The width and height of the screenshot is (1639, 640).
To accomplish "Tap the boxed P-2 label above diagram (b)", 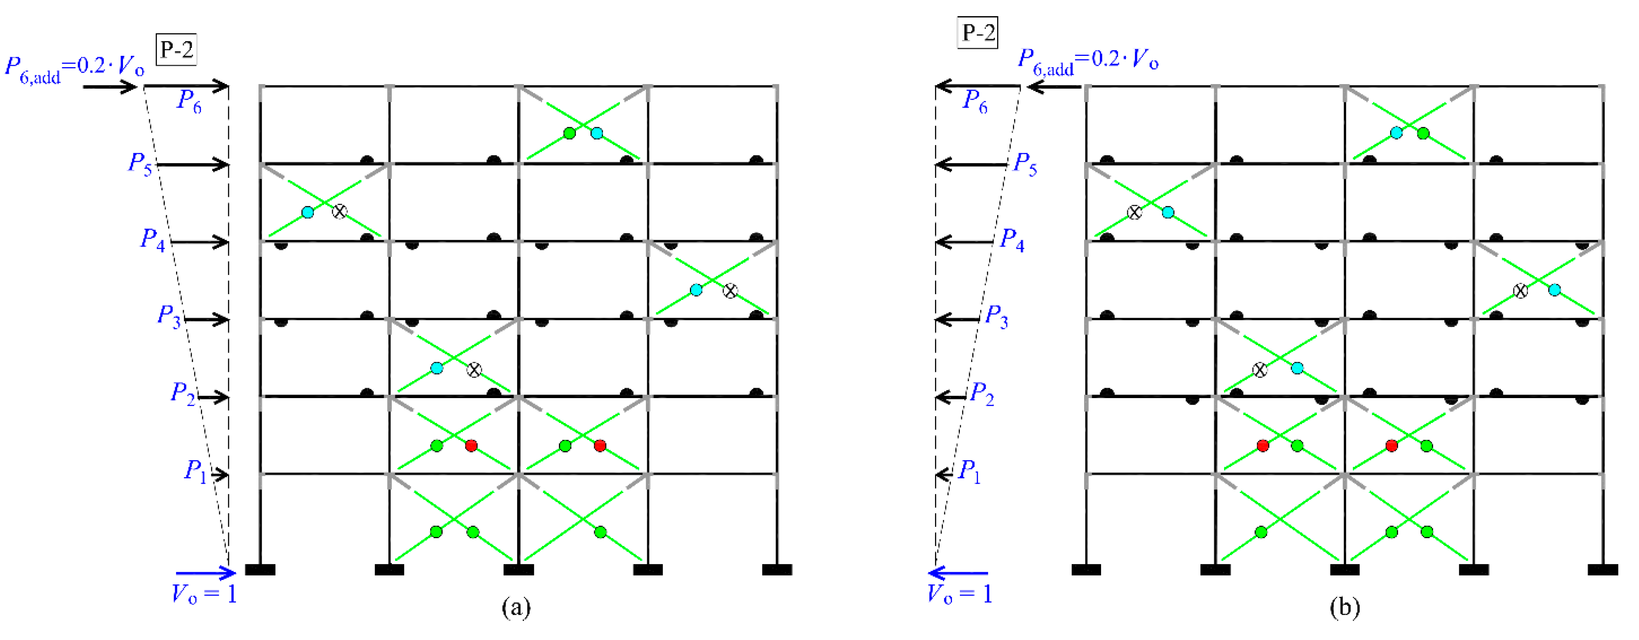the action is (978, 32).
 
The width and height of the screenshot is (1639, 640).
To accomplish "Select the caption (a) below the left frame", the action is (516, 608).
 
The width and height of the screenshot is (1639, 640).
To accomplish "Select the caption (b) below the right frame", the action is (1345, 608).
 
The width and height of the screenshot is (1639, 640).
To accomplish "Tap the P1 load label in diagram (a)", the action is (195, 471).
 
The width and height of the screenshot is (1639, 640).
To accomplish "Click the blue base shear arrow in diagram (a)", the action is (205, 573).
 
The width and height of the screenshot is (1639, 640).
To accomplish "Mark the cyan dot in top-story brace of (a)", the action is (597, 133).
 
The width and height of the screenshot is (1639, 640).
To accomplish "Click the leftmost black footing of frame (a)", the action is (260, 570).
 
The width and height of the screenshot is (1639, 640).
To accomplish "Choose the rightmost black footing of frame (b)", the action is (1603, 570).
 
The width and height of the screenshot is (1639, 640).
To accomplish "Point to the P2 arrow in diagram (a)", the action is (213, 398).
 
